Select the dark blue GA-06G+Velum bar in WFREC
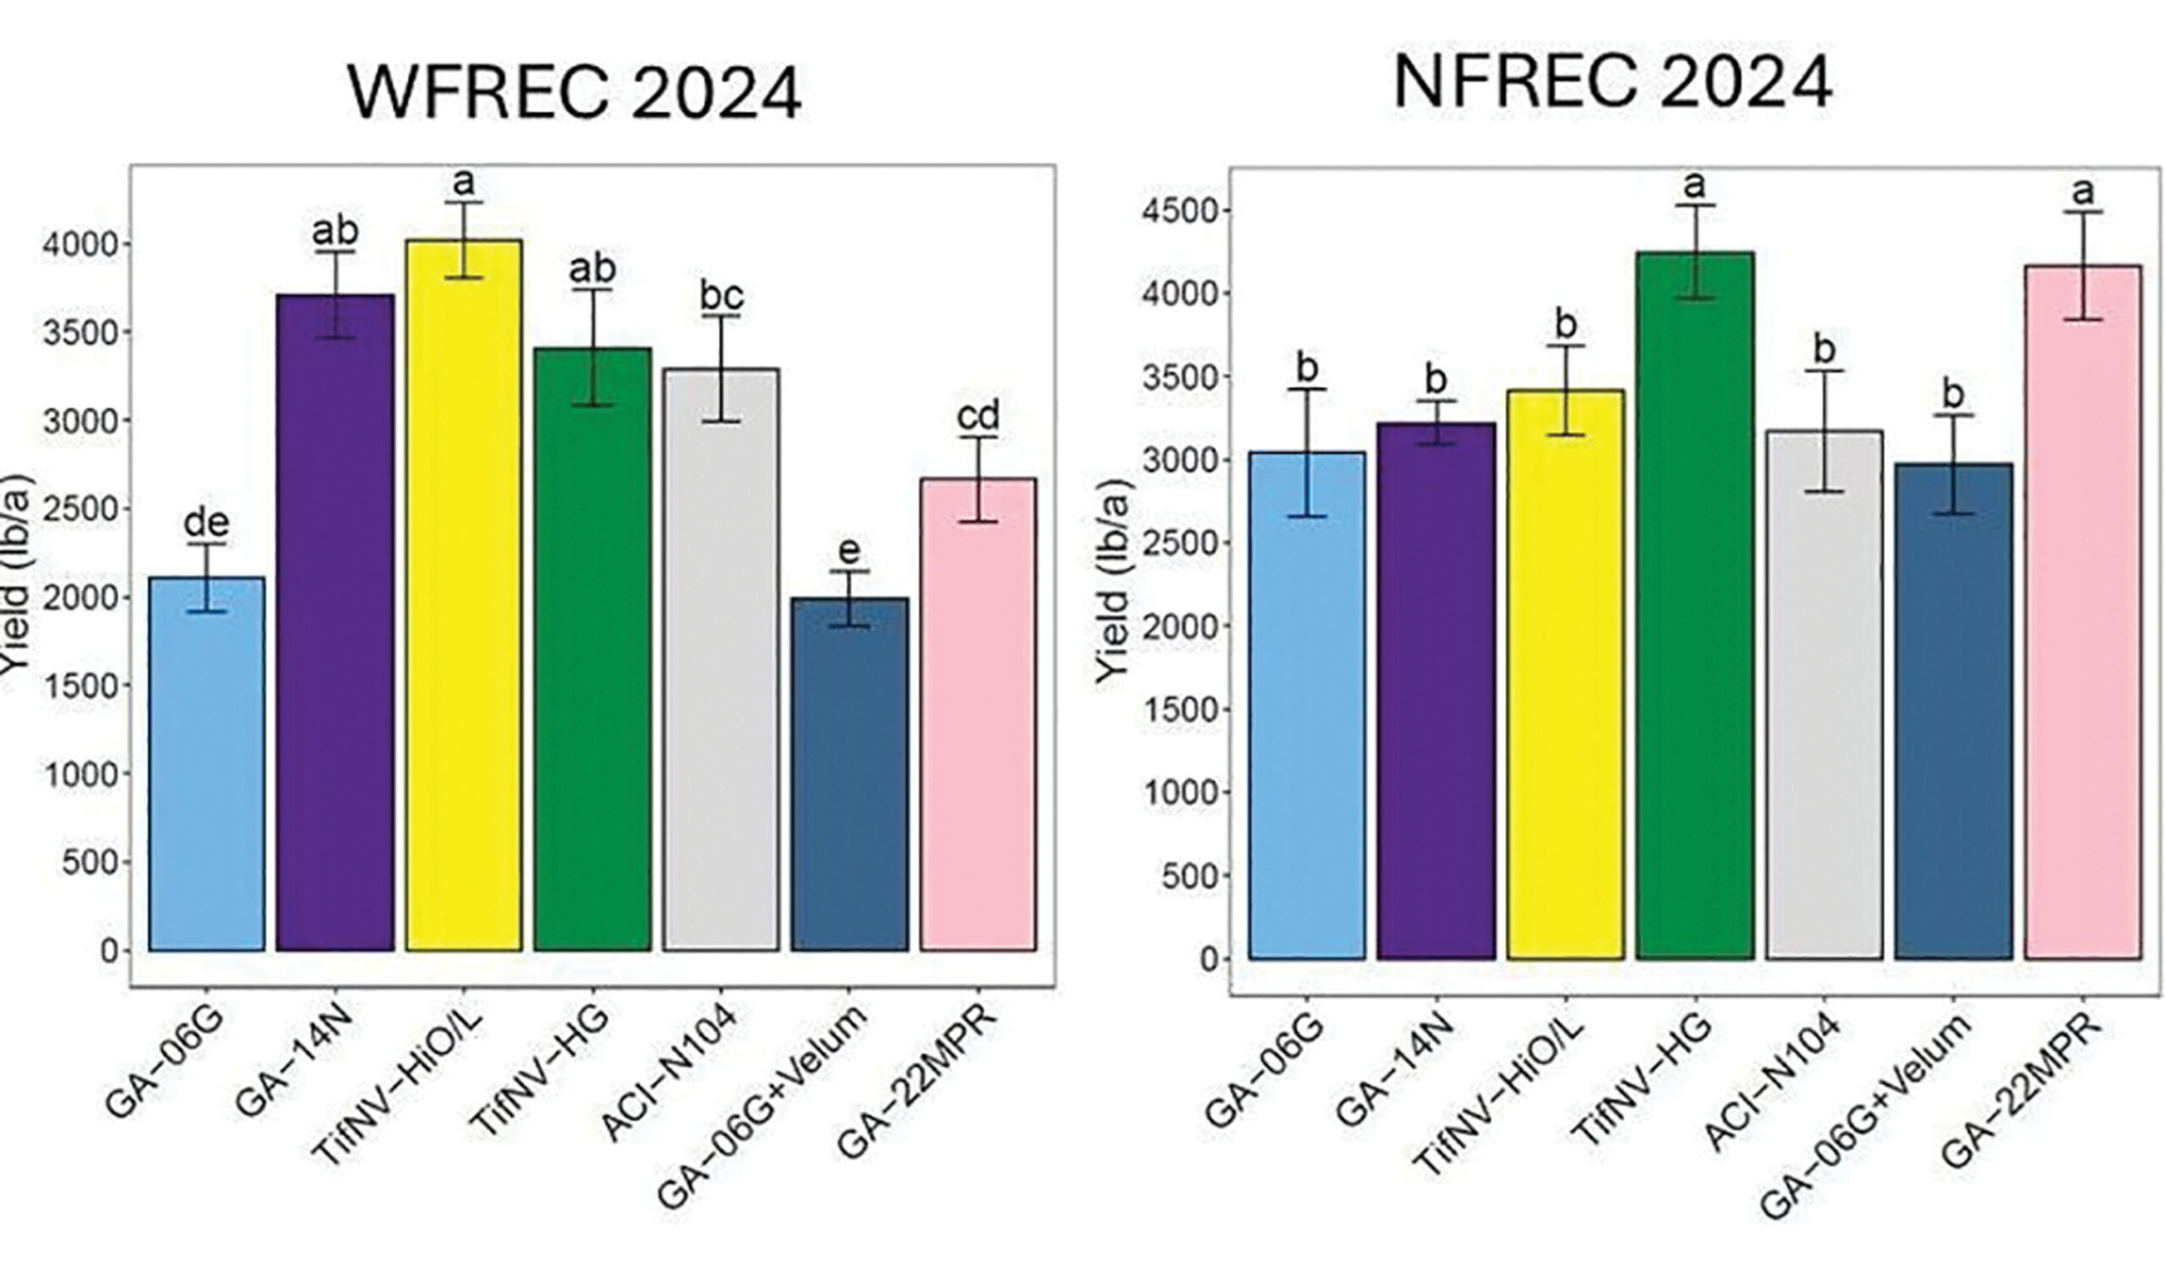(x=850, y=773)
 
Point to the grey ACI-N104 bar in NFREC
(x=1824, y=696)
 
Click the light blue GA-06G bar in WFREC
(x=206, y=765)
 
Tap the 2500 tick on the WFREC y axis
(x=78, y=509)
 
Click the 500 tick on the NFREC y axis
(x=1187, y=876)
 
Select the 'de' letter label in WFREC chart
(x=206, y=523)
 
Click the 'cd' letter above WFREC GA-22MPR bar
(x=978, y=417)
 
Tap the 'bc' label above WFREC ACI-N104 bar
(x=721, y=295)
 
